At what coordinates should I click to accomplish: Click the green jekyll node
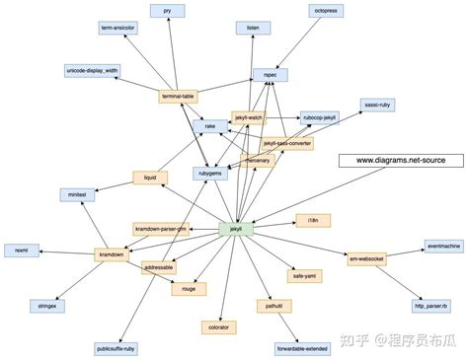pyautogui.click(x=236, y=230)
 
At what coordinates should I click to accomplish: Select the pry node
pyautogui.click(x=167, y=10)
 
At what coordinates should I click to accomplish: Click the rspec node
pyautogui.click(x=271, y=74)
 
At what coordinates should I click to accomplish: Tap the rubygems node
pyautogui.click(x=210, y=174)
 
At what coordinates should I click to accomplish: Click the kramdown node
pyautogui.click(x=111, y=254)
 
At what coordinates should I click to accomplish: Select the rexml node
pyautogui.click(x=21, y=252)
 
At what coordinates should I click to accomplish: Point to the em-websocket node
pyautogui.click(x=367, y=259)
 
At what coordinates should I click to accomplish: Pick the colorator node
pyautogui.click(x=218, y=326)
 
